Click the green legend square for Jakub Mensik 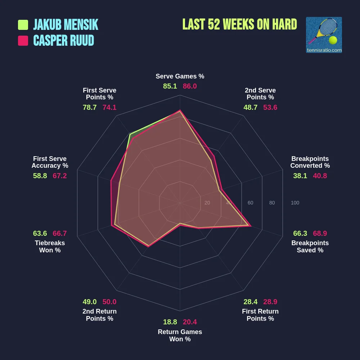[x=23, y=25]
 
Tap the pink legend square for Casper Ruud [x=23, y=41]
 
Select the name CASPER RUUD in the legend [x=64, y=41]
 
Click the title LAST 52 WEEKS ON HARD [x=240, y=24]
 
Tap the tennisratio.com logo [x=324, y=35]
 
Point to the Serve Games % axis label [x=180, y=76]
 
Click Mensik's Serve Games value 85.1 [x=170, y=86]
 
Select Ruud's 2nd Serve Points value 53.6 [x=270, y=107]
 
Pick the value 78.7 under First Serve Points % [x=90, y=107]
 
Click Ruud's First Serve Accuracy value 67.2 [x=59, y=176]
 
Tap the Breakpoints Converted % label [x=310, y=162]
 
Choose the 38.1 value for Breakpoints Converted [x=300, y=176]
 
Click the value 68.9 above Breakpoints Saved [x=320, y=233]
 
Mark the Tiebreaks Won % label [x=50, y=247]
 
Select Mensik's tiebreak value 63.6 [x=40, y=233]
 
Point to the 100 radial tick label [x=295, y=203]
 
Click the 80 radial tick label [x=272, y=203]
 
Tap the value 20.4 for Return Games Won [x=190, y=322]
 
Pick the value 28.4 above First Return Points [x=250, y=302]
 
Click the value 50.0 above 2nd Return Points [x=109, y=302]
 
